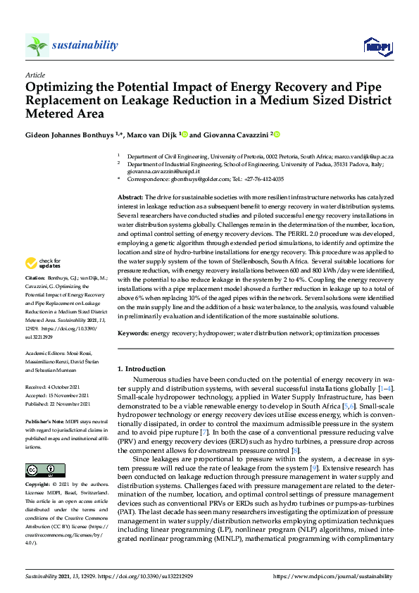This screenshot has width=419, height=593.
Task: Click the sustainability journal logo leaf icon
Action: [x=37, y=46]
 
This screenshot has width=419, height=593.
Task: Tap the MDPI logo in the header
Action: [x=377, y=46]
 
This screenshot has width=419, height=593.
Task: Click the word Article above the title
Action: [x=35, y=74]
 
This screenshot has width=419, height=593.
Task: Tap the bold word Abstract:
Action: [x=130, y=197]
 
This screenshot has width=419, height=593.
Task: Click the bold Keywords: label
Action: [x=133, y=332]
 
